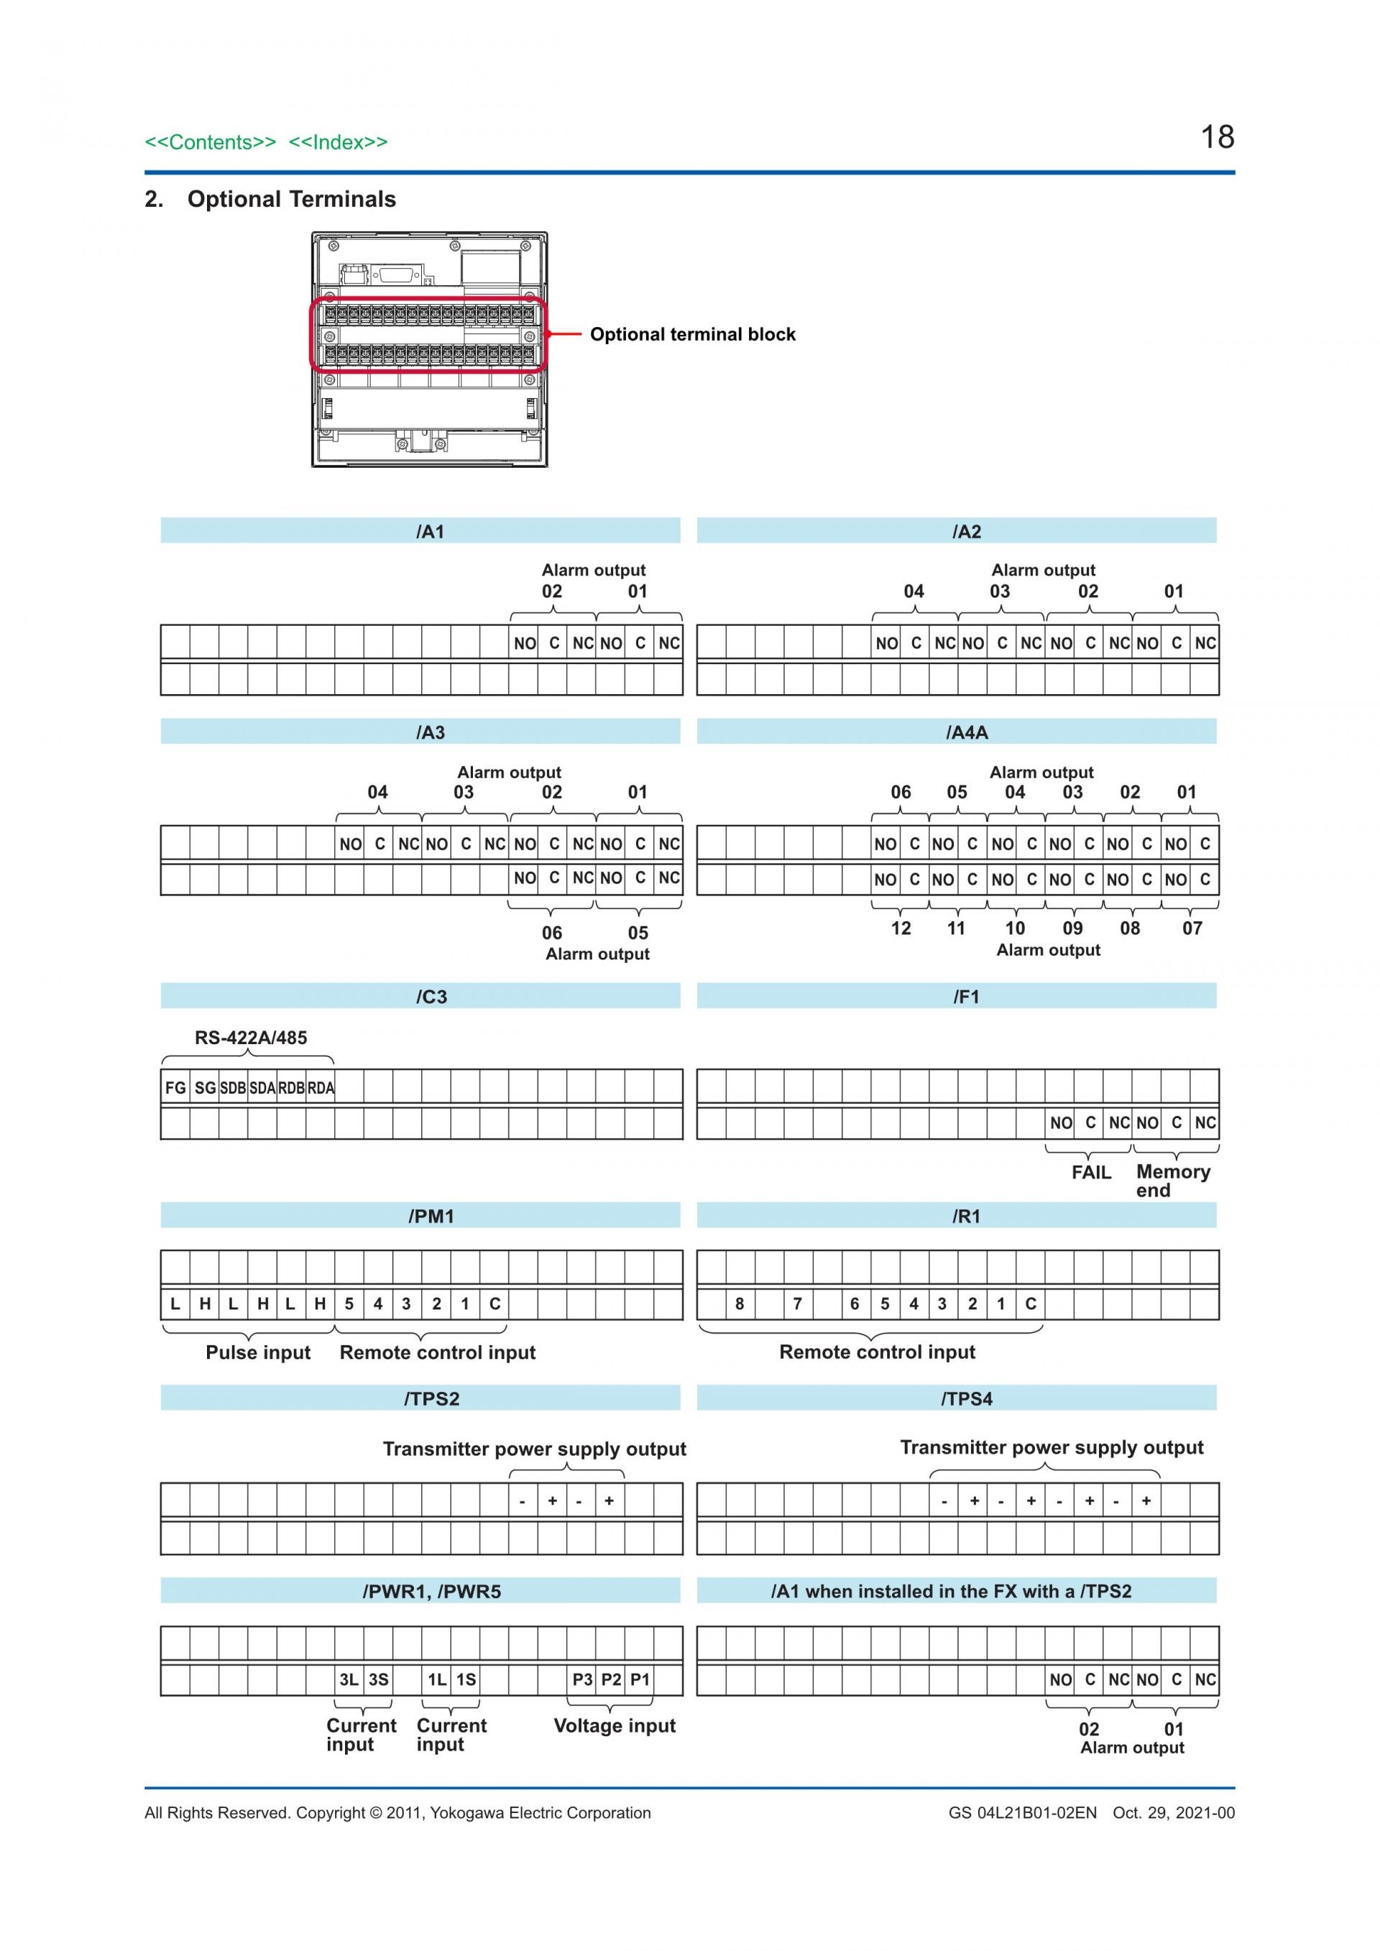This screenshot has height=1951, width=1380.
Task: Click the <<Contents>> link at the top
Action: point(210,142)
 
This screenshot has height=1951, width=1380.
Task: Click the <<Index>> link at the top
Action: point(339,142)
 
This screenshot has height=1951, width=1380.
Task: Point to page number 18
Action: point(1217,137)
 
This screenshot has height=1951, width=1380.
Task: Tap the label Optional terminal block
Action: point(693,334)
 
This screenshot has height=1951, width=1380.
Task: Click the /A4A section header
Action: point(966,732)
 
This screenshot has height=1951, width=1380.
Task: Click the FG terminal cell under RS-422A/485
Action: point(175,1088)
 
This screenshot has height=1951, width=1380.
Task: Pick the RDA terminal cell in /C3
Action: point(321,1088)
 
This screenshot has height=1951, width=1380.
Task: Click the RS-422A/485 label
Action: point(251,1038)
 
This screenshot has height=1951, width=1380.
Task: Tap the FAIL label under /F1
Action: point(1091,1173)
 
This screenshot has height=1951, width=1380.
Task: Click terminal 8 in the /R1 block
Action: point(740,1304)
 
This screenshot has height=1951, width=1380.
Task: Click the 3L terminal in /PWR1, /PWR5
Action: point(349,1679)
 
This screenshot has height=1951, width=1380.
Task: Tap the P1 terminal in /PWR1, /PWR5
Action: point(640,1679)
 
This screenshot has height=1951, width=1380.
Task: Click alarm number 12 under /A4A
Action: point(901,928)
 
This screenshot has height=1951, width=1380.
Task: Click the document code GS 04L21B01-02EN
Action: point(1022,1812)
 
